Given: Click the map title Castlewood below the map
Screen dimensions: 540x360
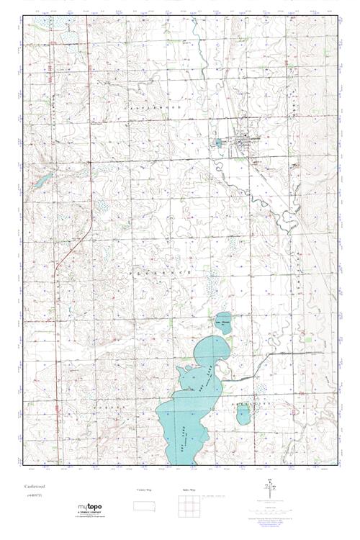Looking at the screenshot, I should tap(34, 487).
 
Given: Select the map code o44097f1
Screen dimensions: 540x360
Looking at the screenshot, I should tap(32, 495).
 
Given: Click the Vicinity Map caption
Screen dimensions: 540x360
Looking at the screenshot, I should tap(145, 490).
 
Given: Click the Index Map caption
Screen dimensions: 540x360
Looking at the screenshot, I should tap(189, 490).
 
